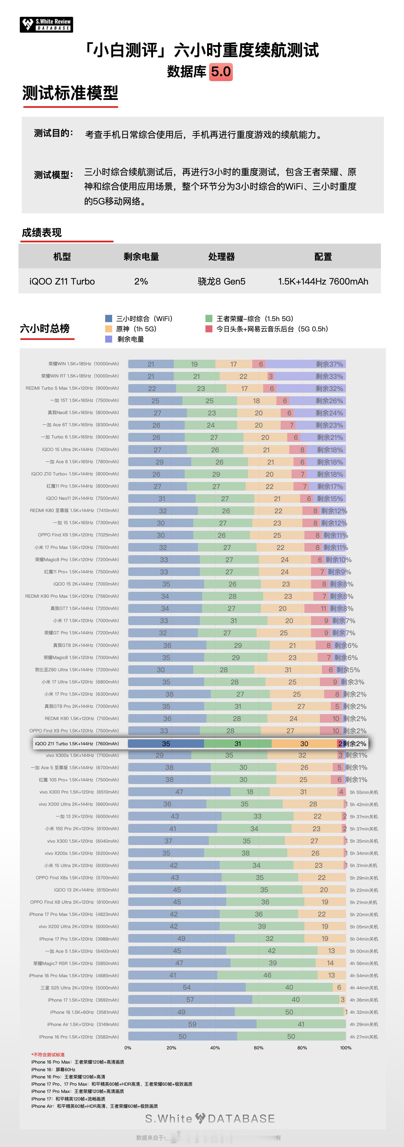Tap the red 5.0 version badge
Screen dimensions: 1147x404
(x=221, y=72)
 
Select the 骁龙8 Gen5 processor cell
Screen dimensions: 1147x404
(x=221, y=282)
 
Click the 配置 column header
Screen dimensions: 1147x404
(x=323, y=257)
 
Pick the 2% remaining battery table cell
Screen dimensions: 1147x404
(x=141, y=282)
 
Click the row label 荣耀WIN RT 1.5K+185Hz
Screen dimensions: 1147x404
(x=80, y=376)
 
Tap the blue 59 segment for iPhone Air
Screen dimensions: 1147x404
(x=192, y=1024)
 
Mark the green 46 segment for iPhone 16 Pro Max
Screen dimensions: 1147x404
(x=267, y=975)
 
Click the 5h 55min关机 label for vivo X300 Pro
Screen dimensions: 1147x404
(x=364, y=793)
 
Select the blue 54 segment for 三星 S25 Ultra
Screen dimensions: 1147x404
(x=187, y=987)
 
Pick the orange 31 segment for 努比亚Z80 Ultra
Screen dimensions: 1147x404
(x=288, y=670)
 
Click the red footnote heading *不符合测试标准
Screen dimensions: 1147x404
(x=48, y=1055)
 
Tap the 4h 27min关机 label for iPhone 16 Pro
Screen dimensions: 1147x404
(x=364, y=1037)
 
